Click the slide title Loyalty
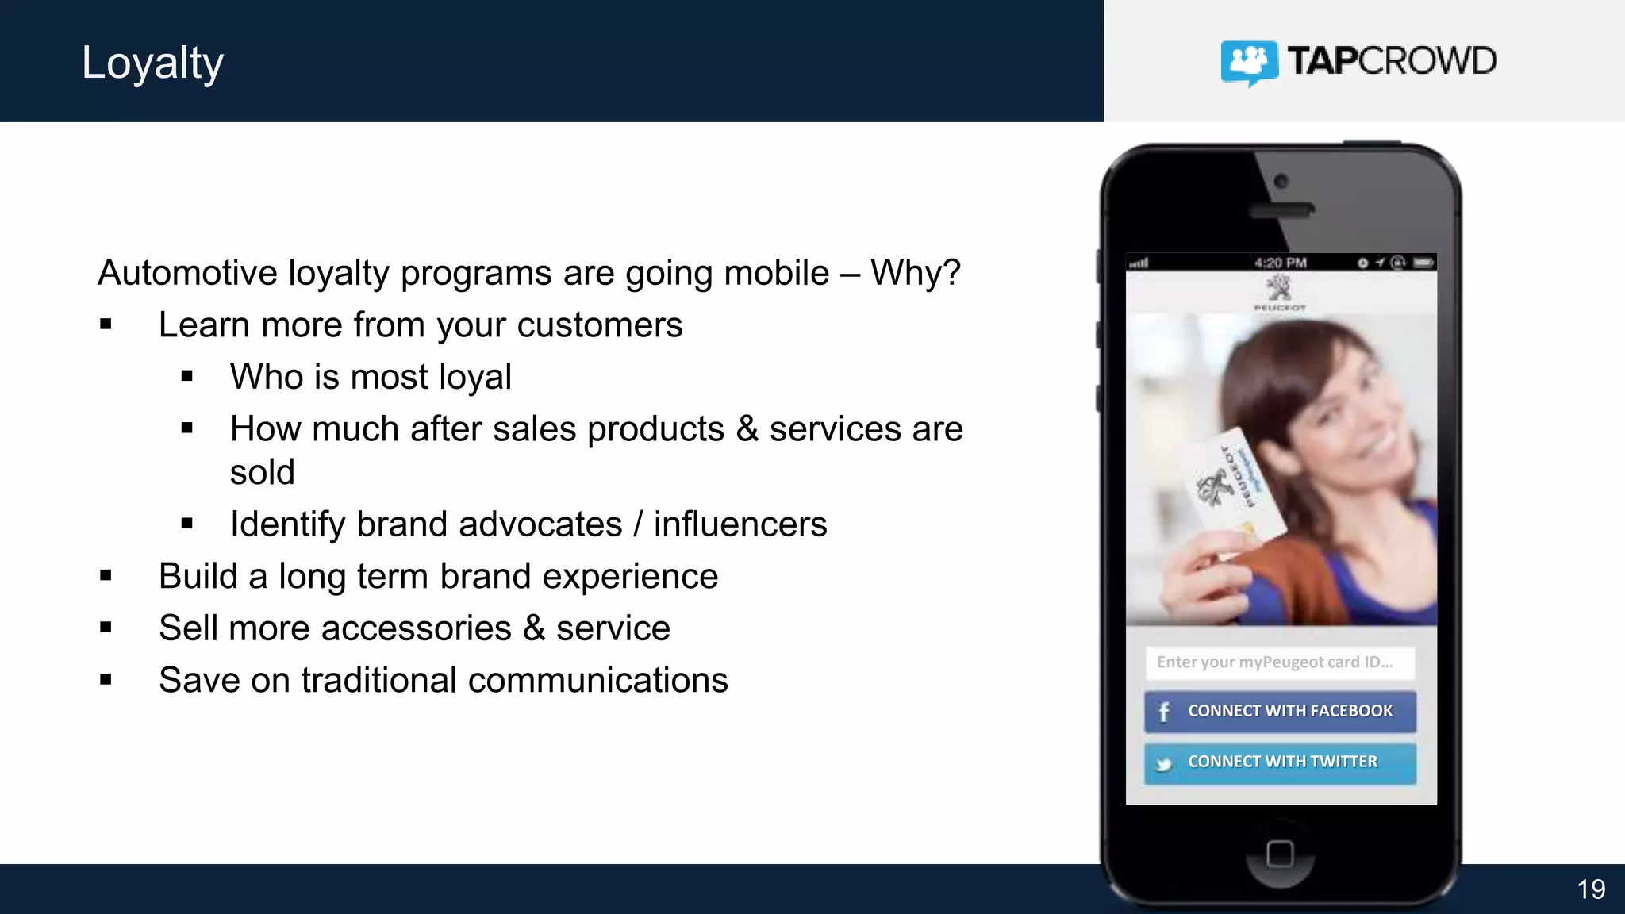152,63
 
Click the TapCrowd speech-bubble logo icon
1249,62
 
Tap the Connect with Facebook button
1279,711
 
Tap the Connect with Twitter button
1279,762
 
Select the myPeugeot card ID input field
1279,662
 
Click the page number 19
1591,889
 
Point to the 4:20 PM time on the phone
1280,263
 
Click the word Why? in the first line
915,273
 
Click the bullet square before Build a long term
106,576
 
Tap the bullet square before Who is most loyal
187,377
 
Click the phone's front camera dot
1281,182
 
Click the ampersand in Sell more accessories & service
534,628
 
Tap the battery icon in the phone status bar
1423,263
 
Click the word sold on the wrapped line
262,473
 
